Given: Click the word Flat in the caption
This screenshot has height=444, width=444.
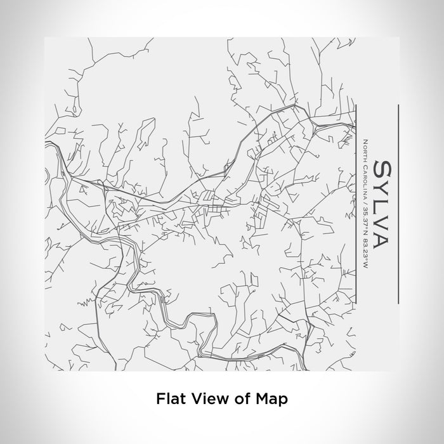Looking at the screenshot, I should coord(167,399).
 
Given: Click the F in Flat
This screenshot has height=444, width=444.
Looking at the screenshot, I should coord(159,399).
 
